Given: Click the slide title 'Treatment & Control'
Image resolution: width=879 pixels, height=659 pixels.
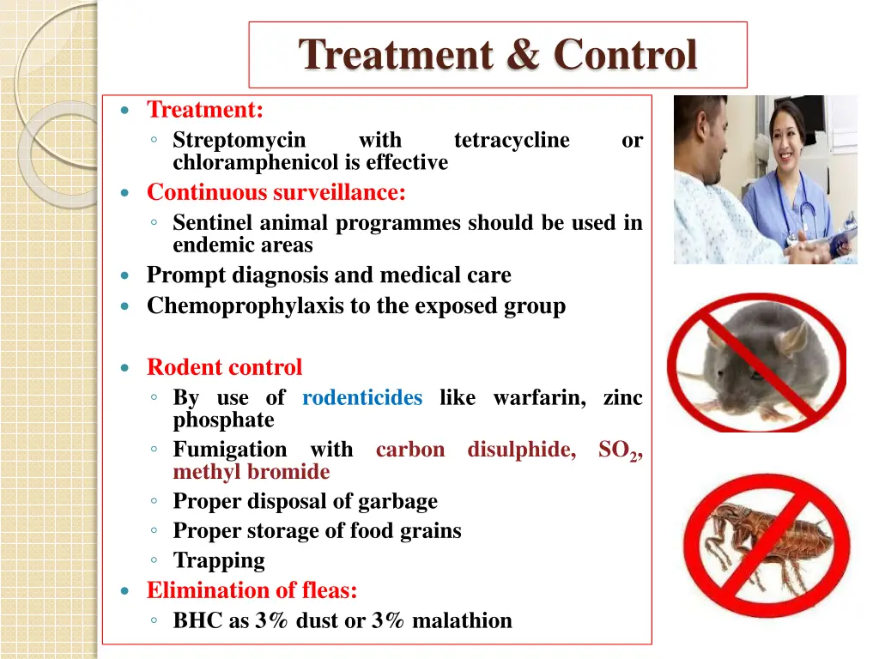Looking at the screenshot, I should [x=498, y=55].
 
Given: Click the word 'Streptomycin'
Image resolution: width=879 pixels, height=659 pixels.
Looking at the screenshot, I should [x=239, y=140].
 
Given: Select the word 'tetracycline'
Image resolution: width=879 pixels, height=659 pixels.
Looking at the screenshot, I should [x=511, y=140].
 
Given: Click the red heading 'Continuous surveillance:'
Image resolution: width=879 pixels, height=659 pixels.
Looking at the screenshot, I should [x=276, y=192].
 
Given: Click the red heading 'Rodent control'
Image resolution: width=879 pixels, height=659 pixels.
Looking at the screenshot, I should [x=224, y=367].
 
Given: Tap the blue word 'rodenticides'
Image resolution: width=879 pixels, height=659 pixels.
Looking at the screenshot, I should [x=362, y=397].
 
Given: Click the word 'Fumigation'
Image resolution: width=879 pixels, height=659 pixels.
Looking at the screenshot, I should [x=230, y=449].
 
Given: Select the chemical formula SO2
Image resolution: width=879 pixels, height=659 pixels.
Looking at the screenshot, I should [x=617, y=450].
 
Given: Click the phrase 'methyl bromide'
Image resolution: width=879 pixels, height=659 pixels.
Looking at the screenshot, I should [x=251, y=471].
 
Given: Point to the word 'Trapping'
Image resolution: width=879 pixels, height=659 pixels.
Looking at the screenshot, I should [x=219, y=560].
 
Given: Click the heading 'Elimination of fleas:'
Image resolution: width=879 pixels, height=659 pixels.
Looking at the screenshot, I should [x=252, y=590].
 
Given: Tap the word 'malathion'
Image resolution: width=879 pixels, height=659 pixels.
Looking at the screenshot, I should [x=462, y=620].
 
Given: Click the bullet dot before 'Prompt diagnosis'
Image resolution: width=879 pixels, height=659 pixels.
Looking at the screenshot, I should [x=126, y=276].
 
